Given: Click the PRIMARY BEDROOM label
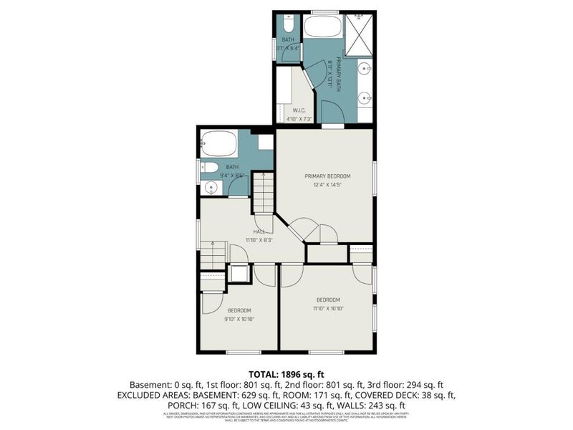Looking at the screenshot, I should click(324, 176).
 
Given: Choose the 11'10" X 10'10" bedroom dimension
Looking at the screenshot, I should click(327, 310).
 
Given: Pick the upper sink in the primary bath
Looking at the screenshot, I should click(365, 69).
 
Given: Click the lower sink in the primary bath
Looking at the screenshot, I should click(365, 99).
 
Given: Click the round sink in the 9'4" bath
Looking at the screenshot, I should click(211, 188).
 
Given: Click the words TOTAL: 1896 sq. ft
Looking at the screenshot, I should click(286, 373).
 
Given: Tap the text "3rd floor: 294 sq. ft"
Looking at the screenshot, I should click(408, 384).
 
